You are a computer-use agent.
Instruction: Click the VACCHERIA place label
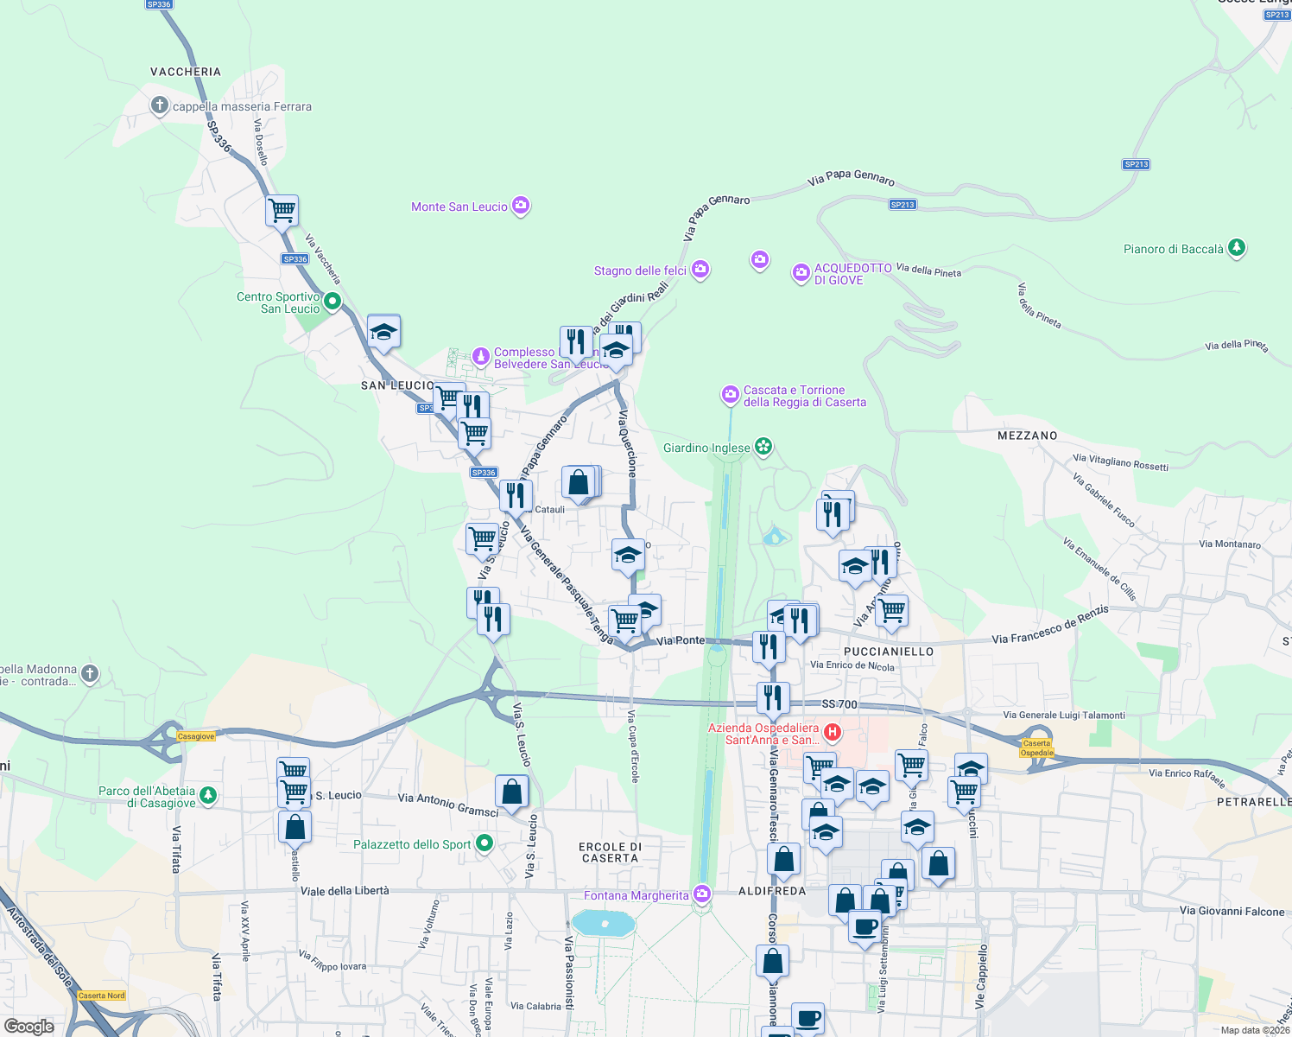click(x=186, y=72)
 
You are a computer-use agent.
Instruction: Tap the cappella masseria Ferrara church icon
click(x=159, y=105)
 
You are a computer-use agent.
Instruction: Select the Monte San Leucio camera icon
click(x=520, y=205)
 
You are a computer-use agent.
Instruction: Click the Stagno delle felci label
click(x=640, y=270)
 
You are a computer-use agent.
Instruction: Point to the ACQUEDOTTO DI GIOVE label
click(x=852, y=274)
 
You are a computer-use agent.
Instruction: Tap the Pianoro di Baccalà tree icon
click(x=1237, y=248)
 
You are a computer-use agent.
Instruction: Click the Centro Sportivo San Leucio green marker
click(x=332, y=302)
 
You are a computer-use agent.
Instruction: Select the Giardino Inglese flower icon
click(x=763, y=446)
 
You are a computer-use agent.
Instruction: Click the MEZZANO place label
click(x=1027, y=436)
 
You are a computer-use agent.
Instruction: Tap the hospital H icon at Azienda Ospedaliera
click(x=832, y=733)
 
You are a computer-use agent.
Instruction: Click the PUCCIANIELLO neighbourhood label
click(x=889, y=652)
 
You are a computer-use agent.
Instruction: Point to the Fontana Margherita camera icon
click(x=702, y=894)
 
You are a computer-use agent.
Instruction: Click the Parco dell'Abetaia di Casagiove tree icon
click(x=207, y=794)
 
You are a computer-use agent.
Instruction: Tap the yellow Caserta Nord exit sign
click(x=102, y=996)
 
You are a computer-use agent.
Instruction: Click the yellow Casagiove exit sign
click(x=195, y=736)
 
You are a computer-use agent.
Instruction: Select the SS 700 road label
click(x=839, y=704)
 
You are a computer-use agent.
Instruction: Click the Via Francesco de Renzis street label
click(x=1049, y=626)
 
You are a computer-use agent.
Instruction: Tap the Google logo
click(x=28, y=1027)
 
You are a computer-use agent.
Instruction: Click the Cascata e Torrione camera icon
click(x=731, y=395)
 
